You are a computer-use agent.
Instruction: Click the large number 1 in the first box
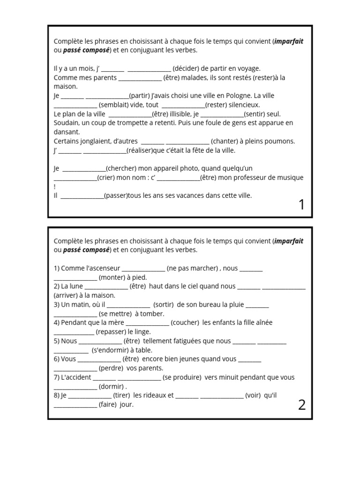click(x=301, y=205)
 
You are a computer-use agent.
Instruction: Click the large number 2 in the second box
click(x=301, y=405)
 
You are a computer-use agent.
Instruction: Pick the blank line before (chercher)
click(x=84, y=169)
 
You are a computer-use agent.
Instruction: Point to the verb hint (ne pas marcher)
click(x=193, y=269)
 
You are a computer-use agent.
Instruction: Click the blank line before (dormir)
click(x=75, y=387)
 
